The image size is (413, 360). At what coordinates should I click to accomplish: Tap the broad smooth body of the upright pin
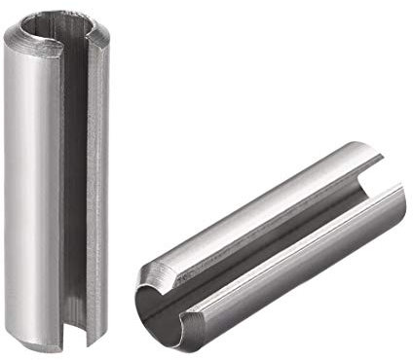click(x=34, y=185)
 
